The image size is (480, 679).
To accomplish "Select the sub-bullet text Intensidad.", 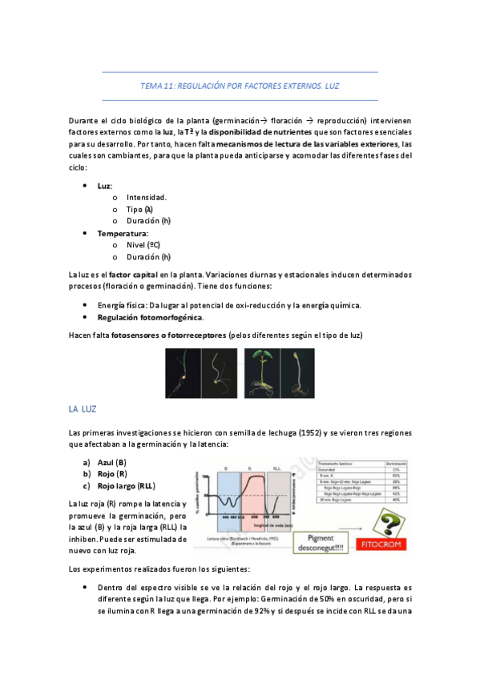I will coord(147,197).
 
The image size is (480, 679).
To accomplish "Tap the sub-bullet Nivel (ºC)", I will coord(143,245).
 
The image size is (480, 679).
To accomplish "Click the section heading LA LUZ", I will coord(83,409).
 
